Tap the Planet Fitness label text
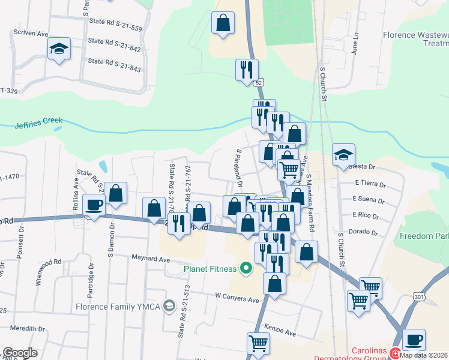[211, 269]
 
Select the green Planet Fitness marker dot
[246, 268]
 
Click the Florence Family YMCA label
[119, 306]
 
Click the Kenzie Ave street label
[280, 332]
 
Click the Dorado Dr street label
[367, 232]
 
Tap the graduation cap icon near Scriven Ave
[59, 48]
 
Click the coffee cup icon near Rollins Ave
[94, 205]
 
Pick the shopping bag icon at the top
[223, 23]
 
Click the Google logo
[20, 353]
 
